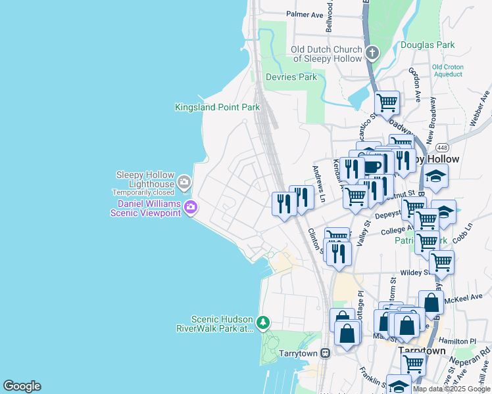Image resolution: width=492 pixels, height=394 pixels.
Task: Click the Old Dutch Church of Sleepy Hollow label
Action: coord(327,54)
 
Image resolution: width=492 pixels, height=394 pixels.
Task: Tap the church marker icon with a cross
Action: coord(372,53)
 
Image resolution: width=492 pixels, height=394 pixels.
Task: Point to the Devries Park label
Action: coord(291,77)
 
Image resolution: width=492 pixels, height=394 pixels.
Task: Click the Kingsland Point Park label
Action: coord(217,107)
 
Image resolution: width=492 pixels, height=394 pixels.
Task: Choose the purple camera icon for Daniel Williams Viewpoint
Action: coord(191,208)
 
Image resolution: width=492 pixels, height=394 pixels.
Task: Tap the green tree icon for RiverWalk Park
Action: coord(262,322)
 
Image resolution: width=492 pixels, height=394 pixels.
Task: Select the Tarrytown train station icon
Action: coord(325,353)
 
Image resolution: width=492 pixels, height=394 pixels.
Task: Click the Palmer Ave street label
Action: coord(305,14)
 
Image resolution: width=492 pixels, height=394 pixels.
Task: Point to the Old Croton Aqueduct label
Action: coord(447,71)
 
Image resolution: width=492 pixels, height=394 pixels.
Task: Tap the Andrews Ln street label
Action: coord(319,184)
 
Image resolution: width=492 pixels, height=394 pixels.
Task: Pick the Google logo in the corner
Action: coord(22,386)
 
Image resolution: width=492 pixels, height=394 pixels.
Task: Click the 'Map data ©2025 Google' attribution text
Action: coord(451,389)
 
